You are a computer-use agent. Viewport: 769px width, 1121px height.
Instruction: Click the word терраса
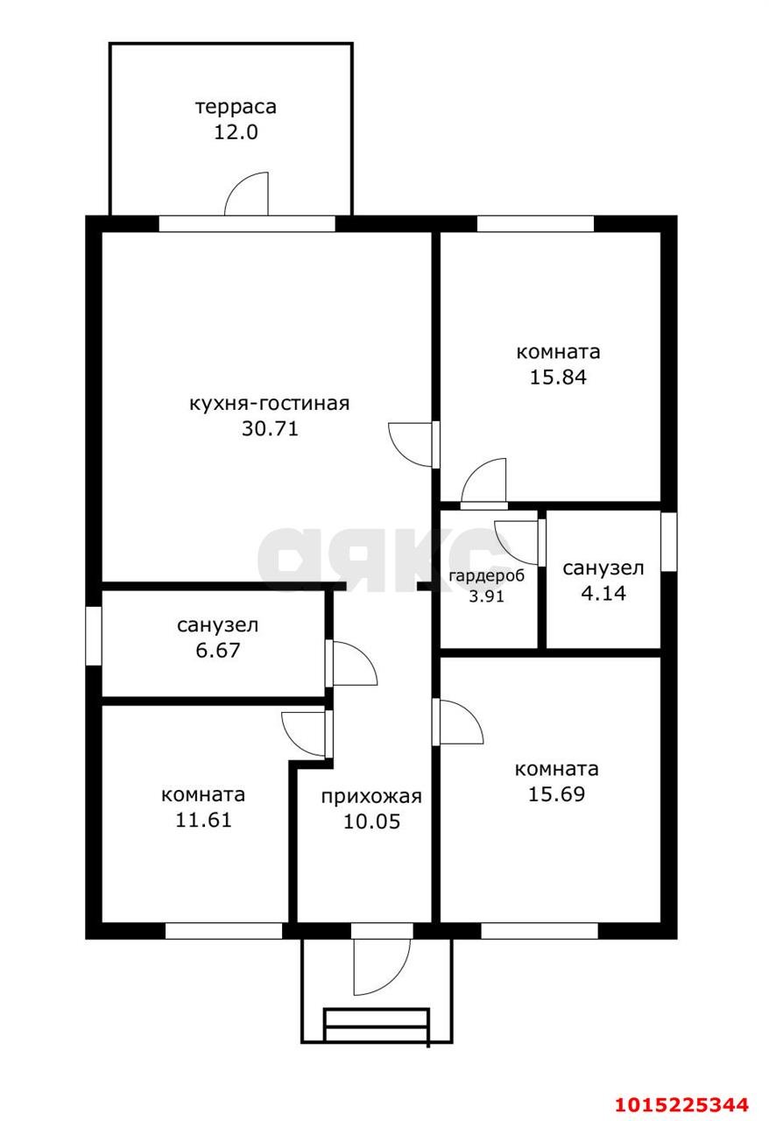pos(236,107)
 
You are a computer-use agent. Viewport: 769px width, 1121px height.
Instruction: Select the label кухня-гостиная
pos(270,404)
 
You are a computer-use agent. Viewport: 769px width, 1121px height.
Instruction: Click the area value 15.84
pos(558,377)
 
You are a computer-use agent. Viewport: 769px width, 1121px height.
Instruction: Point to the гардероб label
pos(487,576)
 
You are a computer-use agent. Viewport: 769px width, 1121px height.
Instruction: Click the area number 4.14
pos(603,593)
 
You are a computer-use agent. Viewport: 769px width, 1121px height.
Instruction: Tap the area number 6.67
pos(217,651)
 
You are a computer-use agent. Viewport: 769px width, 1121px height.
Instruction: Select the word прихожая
pos(371,796)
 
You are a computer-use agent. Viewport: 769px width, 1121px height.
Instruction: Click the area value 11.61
pos(202,821)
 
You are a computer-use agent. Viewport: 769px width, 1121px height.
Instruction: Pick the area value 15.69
pos(556,794)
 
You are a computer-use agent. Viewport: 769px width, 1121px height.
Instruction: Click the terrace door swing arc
pos(246,194)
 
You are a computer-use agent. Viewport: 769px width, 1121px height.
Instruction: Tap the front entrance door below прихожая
pos(380,963)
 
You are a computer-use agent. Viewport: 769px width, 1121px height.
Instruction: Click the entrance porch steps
pos(377,1026)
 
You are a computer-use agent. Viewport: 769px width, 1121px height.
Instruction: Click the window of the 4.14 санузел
pos(668,541)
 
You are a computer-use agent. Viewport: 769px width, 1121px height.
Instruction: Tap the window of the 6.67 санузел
pos(93,635)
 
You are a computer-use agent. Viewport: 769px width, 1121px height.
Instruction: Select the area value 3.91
pos(487,596)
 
